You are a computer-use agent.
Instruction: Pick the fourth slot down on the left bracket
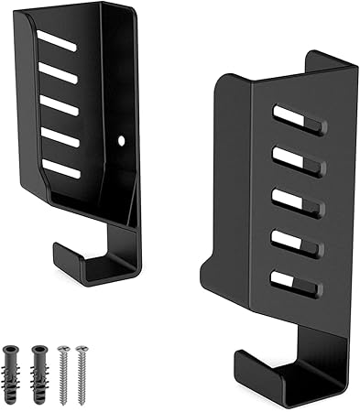tap(60, 138)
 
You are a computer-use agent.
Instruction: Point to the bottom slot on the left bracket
tap(61, 169)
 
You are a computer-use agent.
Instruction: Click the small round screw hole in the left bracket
tap(122, 141)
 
